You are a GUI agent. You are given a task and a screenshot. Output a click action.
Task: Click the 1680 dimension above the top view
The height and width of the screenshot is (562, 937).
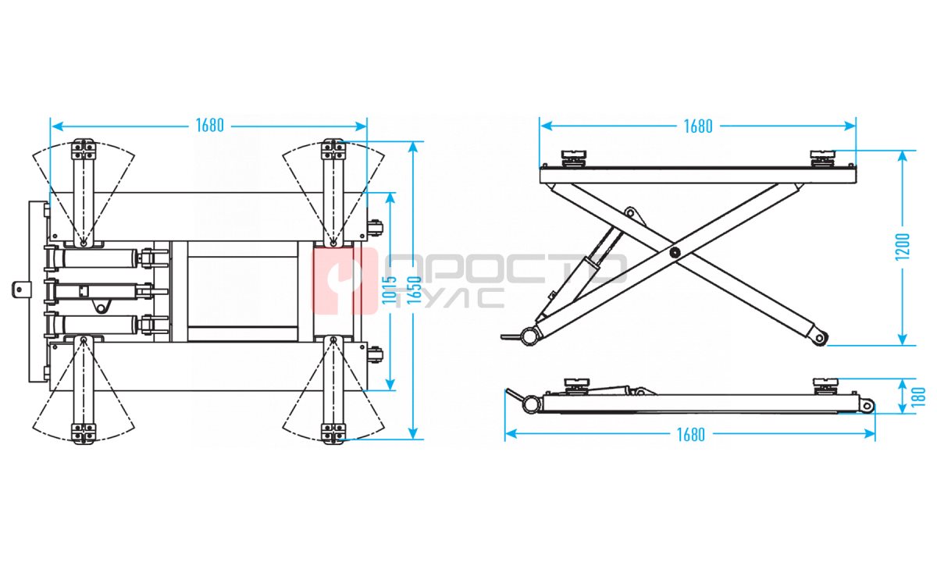[209, 126]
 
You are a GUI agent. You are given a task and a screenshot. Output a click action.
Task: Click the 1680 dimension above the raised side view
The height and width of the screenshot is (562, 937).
[698, 126]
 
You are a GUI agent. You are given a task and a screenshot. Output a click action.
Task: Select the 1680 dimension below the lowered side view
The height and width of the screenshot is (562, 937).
[690, 435]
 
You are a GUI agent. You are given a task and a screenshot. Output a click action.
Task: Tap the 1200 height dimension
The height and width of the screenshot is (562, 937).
[903, 247]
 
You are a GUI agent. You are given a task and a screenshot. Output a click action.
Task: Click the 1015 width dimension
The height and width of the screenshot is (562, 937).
[389, 290]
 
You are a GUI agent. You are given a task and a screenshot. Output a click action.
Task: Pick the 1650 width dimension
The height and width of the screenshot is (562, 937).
[414, 290]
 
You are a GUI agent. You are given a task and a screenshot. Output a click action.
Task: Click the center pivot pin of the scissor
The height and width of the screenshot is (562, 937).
[674, 252]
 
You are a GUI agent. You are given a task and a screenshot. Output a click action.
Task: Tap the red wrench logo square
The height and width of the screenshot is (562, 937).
[344, 280]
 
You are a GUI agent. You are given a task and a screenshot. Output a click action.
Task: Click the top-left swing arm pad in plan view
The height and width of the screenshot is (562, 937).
[84, 149]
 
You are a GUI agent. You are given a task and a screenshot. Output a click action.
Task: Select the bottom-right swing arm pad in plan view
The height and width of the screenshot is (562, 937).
[333, 433]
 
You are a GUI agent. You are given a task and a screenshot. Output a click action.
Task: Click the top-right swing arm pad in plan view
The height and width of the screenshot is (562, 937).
[333, 149]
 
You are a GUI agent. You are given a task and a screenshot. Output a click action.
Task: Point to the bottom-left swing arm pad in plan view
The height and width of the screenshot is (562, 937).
[84, 433]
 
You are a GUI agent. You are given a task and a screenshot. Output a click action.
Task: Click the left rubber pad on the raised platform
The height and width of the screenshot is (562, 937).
[573, 158]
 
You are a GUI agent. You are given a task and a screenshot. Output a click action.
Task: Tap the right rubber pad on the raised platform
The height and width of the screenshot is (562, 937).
[822, 158]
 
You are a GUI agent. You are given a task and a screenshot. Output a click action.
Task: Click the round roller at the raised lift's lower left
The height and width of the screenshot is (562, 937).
[529, 336]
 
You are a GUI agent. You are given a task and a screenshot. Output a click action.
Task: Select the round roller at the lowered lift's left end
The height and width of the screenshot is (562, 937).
[531, 404]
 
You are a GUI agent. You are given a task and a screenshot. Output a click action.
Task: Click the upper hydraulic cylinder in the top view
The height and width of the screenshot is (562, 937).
[100, 258]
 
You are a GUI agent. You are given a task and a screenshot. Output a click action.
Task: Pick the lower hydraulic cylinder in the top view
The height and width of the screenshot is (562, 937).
[100, 324]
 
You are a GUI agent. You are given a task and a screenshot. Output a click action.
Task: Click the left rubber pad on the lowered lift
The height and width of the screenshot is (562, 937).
[577, 386]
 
